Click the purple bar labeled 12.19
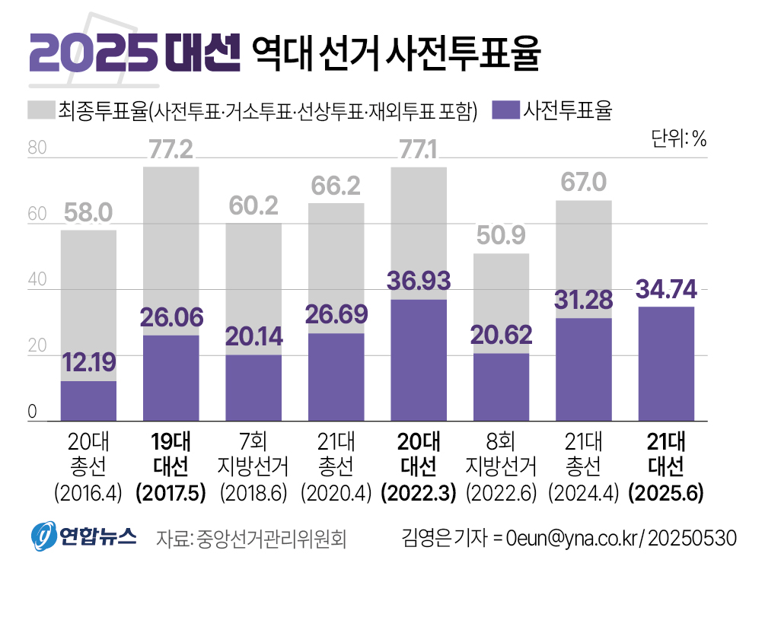pos(88,401)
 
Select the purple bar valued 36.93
pos(419,360)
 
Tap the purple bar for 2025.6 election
pos(666,364)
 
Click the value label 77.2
pos(171,150)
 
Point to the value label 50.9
pos(501,237)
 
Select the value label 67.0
pos(583,183)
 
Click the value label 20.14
pos(253,336)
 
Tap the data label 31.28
pos(584,300)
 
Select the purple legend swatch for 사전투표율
pos(505,111)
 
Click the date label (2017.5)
pos(171,493)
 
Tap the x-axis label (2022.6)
pos(501,493)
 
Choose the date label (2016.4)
pos(88,493)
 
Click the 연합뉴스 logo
pos(84,537)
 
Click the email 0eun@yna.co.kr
pos(572,539)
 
